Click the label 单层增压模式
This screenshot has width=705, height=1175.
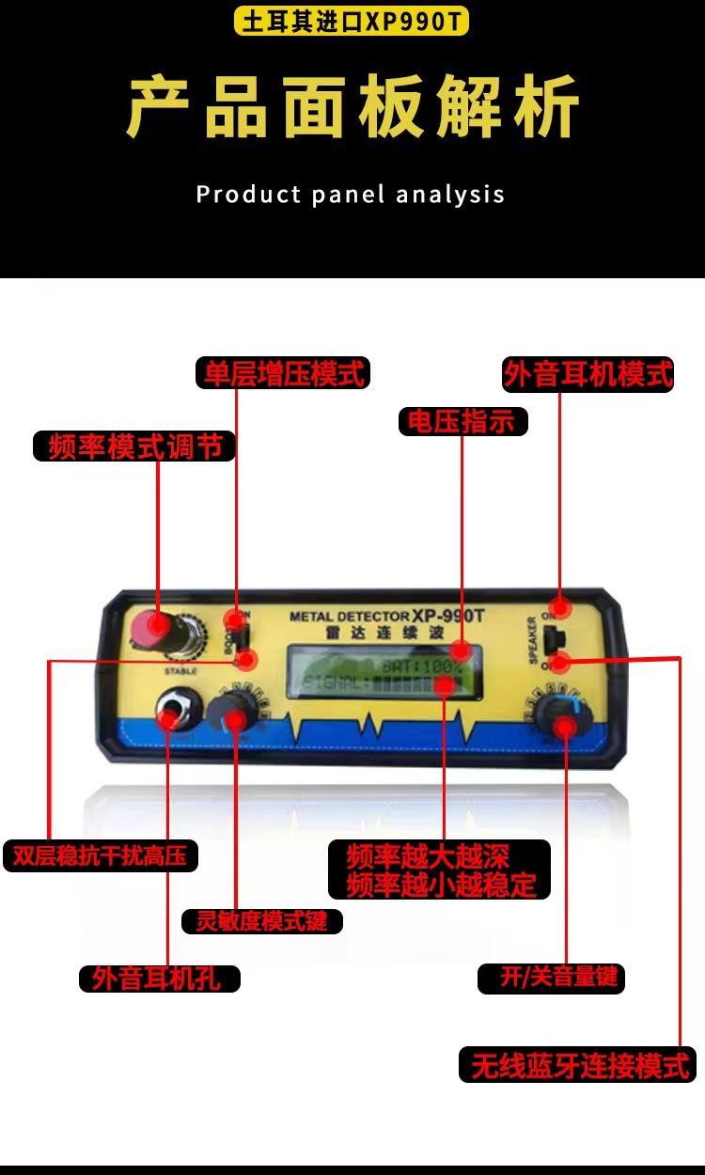[x=283, y=373]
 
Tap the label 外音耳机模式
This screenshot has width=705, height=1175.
[x=588, y=374]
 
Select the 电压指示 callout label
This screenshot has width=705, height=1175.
[x=462, y=421]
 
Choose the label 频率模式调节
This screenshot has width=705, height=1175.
[x=133, y=446]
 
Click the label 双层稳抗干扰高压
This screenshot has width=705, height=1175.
[x=100, y=855]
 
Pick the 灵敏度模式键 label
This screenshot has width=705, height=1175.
[x=262, y=921]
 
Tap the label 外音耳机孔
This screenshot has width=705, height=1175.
[x=159, y=979]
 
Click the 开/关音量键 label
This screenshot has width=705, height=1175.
[x=552, y=978]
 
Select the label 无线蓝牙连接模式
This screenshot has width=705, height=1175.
[x=578, y=1065]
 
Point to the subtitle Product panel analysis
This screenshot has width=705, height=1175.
[x=351, y=195]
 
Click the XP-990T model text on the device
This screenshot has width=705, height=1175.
[x=447, y=616]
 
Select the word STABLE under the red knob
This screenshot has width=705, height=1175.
[x=180, y=671]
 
